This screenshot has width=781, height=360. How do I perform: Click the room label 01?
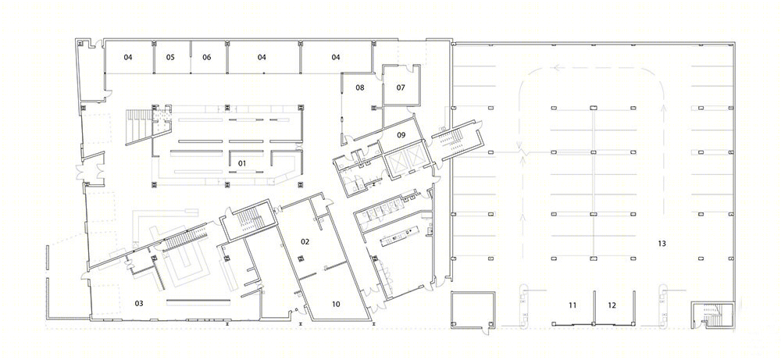[x=242, y=163]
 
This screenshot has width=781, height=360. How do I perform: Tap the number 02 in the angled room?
[x=305, y=241]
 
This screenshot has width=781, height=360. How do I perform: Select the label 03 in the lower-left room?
[x=139, y=303]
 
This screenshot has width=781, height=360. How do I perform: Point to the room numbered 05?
[x=170, y=57]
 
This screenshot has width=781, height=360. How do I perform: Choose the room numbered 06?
[x=207, y=57]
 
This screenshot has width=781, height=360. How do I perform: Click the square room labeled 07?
[x=401, y=87]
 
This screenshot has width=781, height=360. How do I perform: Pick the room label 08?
[x=360, y=87]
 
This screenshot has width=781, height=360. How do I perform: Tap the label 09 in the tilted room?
[x=401, y=134]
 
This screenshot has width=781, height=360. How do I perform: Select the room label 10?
[x=336, y=305]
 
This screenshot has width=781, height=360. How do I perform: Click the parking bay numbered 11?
[x=572, y=305]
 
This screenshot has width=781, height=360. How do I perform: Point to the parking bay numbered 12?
[x=612, y=305]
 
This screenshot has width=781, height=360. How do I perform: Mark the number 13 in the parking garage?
[x=662, y=244]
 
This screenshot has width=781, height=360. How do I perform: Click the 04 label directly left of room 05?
[x=128, y=57]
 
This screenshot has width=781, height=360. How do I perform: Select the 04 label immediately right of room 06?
[x=262, y=57]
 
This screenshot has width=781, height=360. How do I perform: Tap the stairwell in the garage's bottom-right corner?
[x=712, y=315]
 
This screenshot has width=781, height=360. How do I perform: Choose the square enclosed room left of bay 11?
[x=473, y=310]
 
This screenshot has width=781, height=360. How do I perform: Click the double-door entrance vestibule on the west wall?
[x=93, y=169]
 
